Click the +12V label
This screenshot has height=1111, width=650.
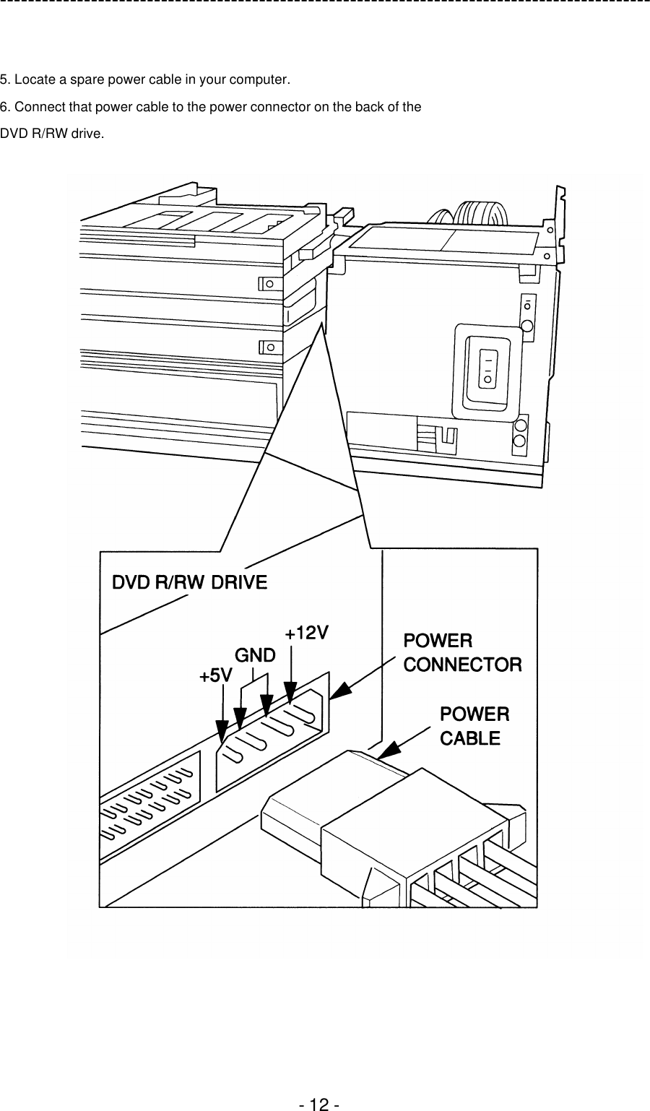[307, 634]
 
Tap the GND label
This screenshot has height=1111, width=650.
[256, 656]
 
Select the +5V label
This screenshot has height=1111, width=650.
[215, 676]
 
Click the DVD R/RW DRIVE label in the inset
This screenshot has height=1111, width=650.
[189, 582]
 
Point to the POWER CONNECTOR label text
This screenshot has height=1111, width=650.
[461, 652]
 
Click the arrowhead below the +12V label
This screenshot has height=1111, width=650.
[290, 693]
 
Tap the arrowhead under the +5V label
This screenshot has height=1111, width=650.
[223, 733]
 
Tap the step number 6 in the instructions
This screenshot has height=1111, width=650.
[4, 107]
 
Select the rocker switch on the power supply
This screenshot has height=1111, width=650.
[487, 368]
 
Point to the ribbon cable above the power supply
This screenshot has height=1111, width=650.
[473, 213]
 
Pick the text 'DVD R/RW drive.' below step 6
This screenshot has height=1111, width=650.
[51, 134]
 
